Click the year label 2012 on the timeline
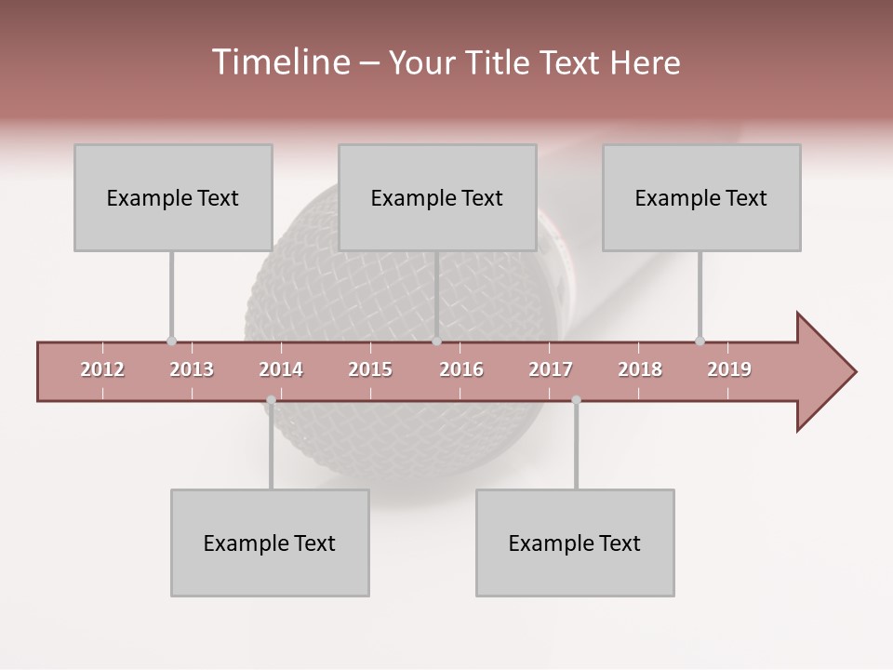pyautogui.click(x=102, y=369)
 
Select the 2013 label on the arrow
pyautogui.click(x=192, y=369)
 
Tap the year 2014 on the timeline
pyautogui.click(x=281, y=369)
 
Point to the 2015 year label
pyautogui.click(x=370, y=369)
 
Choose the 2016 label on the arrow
pyautogui.click(x=461, y=369)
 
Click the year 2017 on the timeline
pyautogui.click(x=551, y=369)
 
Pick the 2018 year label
pyautogui.click(x=640, y=369)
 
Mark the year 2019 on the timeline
pyautogui.click(x=729, y=369)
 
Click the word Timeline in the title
pyautogui.click(x=278, y=62)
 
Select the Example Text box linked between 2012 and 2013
pyautogui.click(x=173, y=197)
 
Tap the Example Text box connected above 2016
pyautogui.click(x=437, y=197)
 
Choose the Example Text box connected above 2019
pyautogui.click(x=701, y=197)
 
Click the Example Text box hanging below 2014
pyautogui.click(x=270, y=543)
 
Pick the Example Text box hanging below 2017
pyautogui.click(x=575, y=543)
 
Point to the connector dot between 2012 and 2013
pyautogui.click(x=171, y=342)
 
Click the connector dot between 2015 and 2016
pyautogui.click(x=436, y=342)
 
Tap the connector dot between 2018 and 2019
pyautogui.click(x=700, y=342)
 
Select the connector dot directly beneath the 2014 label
pyautogui.click(x=271, y=400)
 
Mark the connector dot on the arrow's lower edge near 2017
pyautogui.click(x=576, y=400)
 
